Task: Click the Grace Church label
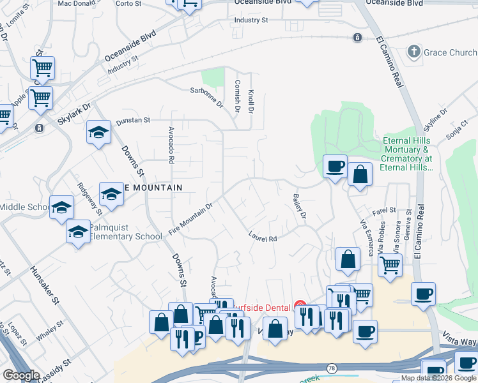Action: point(450,52)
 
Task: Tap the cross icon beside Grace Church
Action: point(414,51)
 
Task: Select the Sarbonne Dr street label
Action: point(206,96)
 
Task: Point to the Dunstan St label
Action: point(132,119)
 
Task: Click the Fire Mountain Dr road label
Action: point(190,219)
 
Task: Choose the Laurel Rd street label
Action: point(262,236)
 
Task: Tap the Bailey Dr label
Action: point(299,206)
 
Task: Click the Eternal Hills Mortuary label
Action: point(407,154)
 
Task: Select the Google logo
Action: point(21,375)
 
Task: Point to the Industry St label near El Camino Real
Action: point(251,20)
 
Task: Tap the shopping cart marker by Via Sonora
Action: point(390,264)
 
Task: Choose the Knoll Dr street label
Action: point(251,101)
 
